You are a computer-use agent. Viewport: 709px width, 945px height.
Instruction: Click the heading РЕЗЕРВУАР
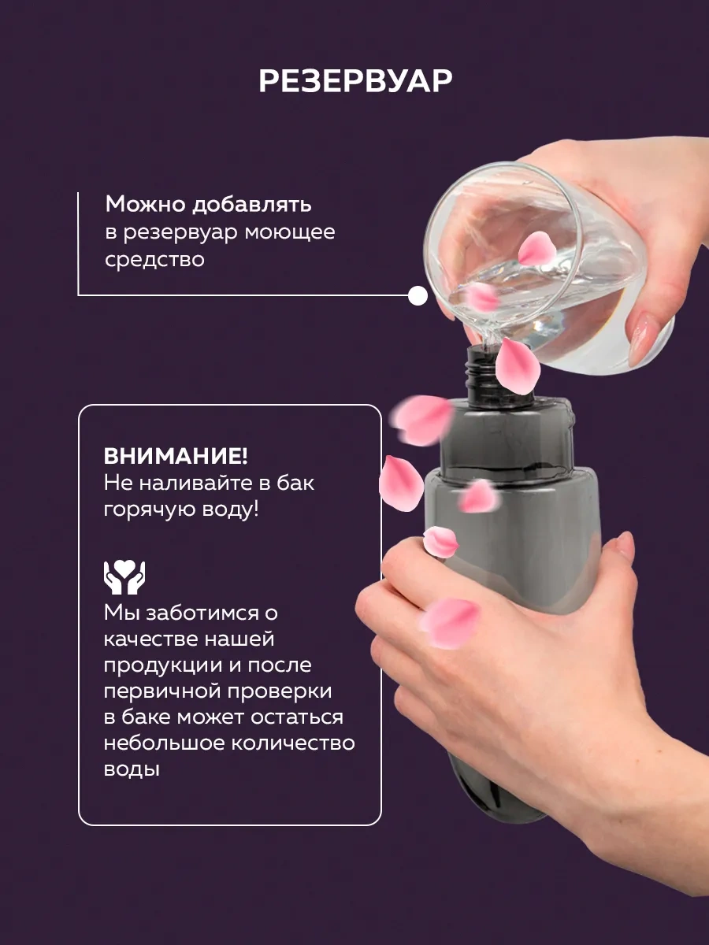(x=355, y=80)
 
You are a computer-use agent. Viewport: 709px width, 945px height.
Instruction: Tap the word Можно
(x=145, y=204)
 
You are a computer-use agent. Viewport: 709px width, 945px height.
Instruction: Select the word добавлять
(x=252, y=205)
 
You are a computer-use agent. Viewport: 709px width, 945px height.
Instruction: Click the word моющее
(x=290, y=233)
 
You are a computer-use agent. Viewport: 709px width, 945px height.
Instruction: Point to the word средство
(x=154, y=261)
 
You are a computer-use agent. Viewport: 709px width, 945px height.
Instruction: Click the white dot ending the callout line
(x=418, y=296)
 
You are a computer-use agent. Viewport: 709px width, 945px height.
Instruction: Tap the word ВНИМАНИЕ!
(x=176, y=456)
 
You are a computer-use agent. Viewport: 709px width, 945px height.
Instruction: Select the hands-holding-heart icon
(x=124, y=577)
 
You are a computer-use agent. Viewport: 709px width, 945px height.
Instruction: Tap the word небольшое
(x=164, y=744)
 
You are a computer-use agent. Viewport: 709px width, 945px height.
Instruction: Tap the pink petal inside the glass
(x=536, y=248)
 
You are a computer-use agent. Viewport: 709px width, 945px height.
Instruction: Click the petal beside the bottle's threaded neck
(x=518, y=365)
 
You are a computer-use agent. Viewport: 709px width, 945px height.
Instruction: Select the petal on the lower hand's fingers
(x=449, y=623)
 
